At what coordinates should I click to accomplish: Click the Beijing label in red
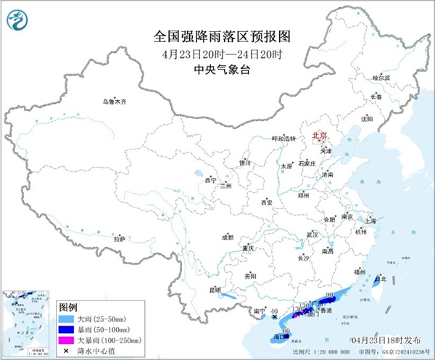(x=319, y=136)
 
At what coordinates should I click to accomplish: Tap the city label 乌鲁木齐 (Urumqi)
(x=114, y=102)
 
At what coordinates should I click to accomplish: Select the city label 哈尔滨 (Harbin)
(x=381, y=77)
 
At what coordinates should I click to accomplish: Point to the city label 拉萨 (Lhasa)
(x=119, y=238)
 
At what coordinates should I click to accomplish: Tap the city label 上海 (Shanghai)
(x=375, y=219)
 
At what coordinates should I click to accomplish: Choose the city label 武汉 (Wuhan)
(x=312, y=235)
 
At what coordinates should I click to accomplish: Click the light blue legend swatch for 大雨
(x=67, y=317)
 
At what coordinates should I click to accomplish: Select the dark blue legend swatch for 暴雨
(x=67, y=328)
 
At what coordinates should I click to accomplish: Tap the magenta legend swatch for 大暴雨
(x=67, y=339)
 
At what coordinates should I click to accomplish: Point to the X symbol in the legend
(x=67, y=350)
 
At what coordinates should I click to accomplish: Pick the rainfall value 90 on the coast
(x=330, y=294)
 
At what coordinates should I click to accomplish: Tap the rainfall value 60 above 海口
(x=286, y=330)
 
